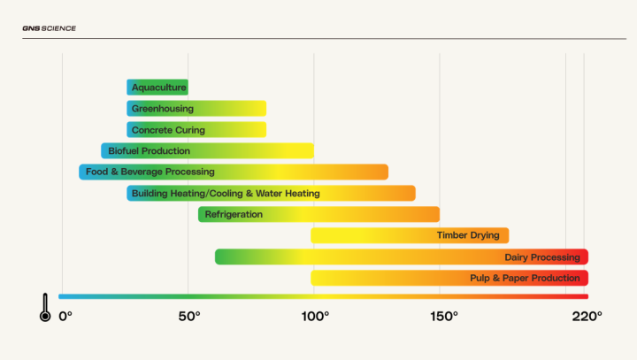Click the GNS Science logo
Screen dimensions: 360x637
click(x=49, y=28)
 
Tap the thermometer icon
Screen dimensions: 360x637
click(x=45, y=307)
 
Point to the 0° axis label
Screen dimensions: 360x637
click(x=65, y=315)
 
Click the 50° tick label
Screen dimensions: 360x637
click(x=189, y=315)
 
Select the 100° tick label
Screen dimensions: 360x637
click(x=315, y=315)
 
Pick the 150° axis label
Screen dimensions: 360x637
click(x=443, y=315)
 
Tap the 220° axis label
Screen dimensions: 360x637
click(x=587, y=315)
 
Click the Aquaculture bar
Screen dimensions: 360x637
click(x=157, y=88)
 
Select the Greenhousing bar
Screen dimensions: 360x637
click(x=196, y=109)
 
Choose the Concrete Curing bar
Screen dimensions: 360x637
click(x=196, y=130)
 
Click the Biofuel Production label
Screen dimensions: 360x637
click(x=149, y=151)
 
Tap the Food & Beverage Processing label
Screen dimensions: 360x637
click(x=150, y=172)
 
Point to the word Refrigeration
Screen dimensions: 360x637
click(x=234, y=214)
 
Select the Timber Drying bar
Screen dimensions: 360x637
click(x=410, y=235)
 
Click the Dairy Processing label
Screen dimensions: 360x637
click(x=541, y=257)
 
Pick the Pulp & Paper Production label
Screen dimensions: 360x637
click(x=525, y=279)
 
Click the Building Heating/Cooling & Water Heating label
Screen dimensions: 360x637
click(x=226, y=193)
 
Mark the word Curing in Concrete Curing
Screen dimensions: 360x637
click(x=190, y=130)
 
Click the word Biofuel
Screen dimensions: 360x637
click(x=123, y=151)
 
